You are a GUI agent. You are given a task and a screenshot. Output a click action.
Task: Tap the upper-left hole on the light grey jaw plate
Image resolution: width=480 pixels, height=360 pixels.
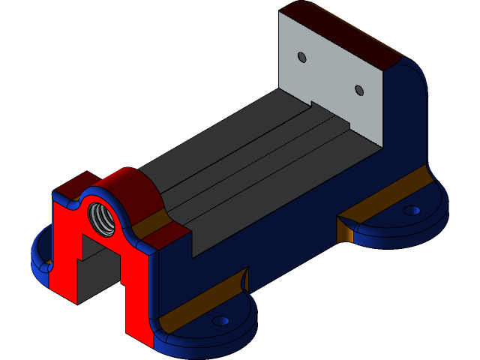click(x=301, y=57)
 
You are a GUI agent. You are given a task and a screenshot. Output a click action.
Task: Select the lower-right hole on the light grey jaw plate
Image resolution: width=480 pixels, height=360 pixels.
click(x=358, y=90)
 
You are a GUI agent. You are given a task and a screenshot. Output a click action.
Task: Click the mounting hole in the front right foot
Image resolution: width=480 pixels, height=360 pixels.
click(x=220, y=320)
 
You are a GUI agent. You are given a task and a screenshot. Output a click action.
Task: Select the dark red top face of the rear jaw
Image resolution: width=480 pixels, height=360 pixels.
click(x=345, y=34)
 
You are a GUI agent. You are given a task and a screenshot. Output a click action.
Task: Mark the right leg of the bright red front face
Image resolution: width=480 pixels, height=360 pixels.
click(x=139, y=300)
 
